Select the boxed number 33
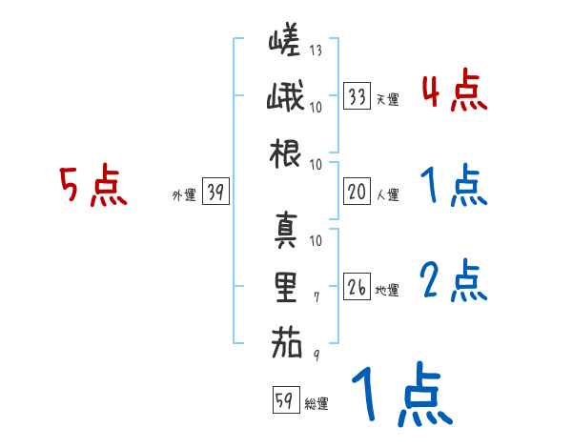click(357, 96)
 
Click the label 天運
click(387, 98)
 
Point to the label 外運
click(183, 194)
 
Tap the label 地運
click(387, 289)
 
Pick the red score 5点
click(92, 186)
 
